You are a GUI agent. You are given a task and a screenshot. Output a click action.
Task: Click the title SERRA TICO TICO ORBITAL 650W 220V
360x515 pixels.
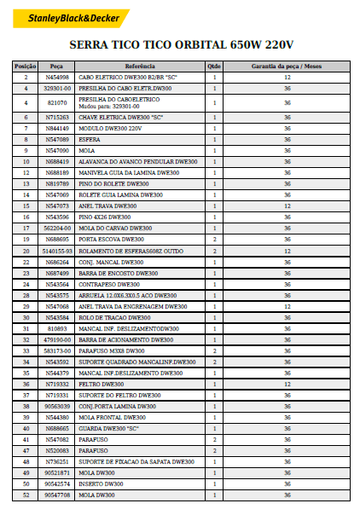[181, 44]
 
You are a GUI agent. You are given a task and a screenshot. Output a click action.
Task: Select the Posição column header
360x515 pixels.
[26, 66]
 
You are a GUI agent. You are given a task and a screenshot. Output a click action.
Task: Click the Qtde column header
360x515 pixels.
[214, 66]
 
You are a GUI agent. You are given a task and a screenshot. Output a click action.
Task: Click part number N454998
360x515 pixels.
[57, 77]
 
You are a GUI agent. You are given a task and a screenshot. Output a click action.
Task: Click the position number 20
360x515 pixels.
[26, 251]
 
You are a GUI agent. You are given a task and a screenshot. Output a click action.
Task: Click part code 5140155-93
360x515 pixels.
[57, 251]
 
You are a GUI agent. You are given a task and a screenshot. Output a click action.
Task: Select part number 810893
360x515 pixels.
[57, 328]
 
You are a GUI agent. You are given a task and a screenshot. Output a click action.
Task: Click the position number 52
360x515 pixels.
[26, 495]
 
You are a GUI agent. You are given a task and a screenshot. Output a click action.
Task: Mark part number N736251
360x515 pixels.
[57, 461]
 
